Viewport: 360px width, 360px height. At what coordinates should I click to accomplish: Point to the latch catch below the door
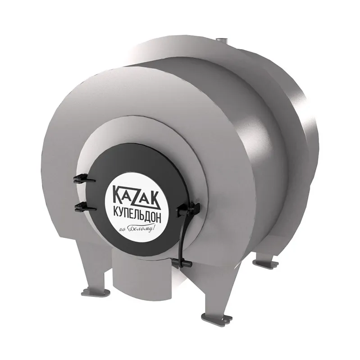[182, 261]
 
